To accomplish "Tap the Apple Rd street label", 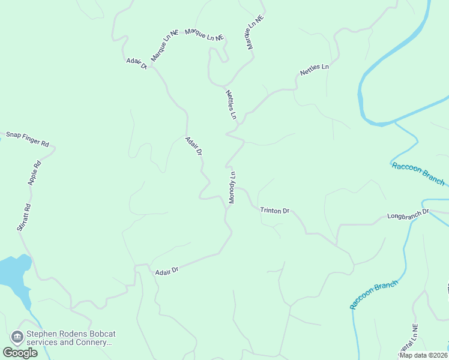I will point(34,173).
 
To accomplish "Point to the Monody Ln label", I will point(232,187).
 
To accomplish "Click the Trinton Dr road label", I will point(275,211).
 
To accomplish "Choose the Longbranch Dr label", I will point(408,213).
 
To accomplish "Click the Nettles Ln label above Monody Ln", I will point(232,104).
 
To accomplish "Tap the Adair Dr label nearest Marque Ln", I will point(137,64).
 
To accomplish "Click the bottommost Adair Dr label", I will point(167,271).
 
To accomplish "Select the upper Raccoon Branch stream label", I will point(418,173).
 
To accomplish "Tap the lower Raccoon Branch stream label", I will point(373,294).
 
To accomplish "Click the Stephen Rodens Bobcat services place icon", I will point(17,337).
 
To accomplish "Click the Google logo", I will point(20,353).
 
